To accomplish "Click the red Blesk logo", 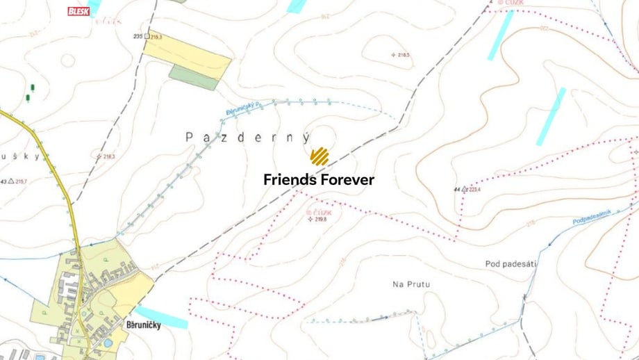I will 78,11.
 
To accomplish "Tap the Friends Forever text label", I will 319,180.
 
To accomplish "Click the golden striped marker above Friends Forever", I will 319,156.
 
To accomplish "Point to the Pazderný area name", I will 248,138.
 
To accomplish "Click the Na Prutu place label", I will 411,284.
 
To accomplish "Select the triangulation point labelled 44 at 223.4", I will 464,188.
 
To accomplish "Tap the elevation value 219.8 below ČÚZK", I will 319,220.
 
